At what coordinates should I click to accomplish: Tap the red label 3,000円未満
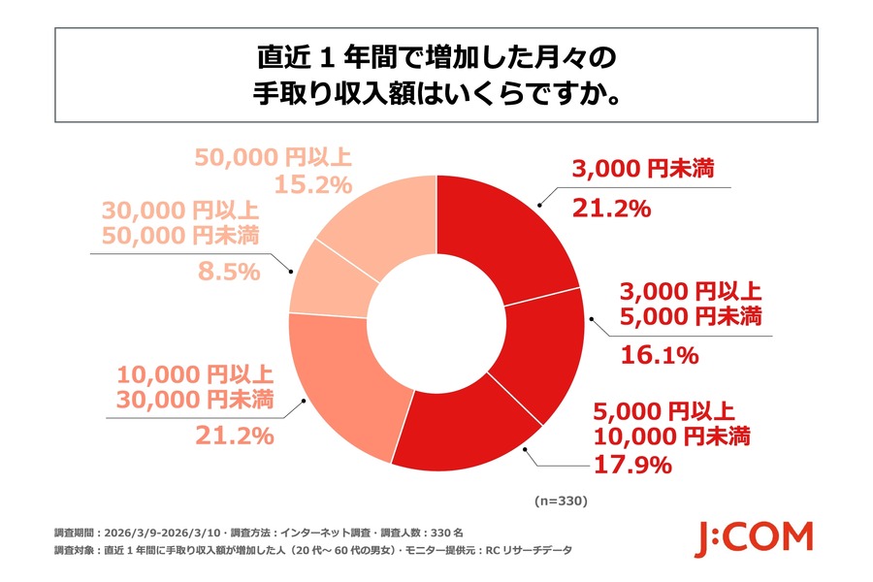tap(642, 169)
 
